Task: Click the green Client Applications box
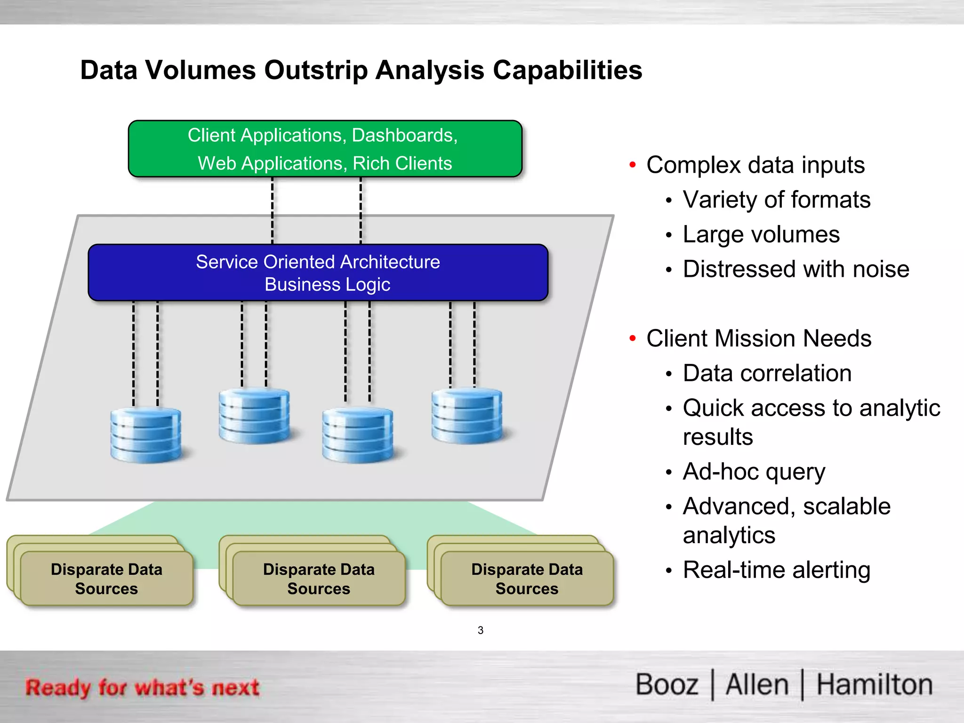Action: [x=325, y=149]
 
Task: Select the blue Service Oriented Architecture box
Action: [x=318, y=273]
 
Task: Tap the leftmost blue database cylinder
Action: [x=145, y=435]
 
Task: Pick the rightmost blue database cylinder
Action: [x=467, y=416]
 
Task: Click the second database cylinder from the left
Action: [x=254, y=416]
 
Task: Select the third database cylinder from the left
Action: [x=358, y=435]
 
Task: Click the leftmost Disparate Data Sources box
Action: [x=106, y=578]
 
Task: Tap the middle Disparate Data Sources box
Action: [x=319, y=578]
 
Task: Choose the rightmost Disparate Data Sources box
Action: [x=527, y=578]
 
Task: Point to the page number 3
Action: [x=480, y=630]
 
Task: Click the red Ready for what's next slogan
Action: [x=142, y=687]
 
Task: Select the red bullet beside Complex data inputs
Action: [x=633, y=165]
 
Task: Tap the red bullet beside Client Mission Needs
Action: [x=633, y=338]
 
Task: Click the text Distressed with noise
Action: [x=796, y=269]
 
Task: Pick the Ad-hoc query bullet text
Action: [x=754, y=472]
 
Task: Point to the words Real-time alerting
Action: [x=776, y=570]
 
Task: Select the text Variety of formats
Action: [x=776, y=200]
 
